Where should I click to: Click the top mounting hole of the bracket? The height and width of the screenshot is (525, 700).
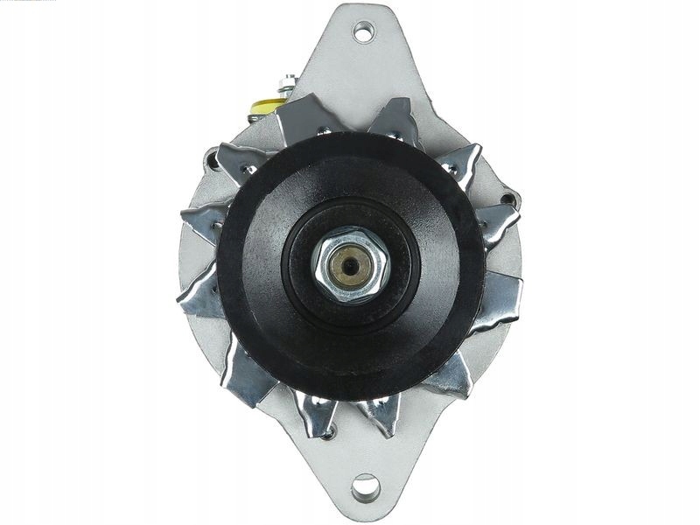(363, 32)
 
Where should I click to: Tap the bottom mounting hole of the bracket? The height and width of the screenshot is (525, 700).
(365, 486)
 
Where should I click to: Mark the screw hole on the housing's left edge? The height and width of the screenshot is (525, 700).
(211, 160)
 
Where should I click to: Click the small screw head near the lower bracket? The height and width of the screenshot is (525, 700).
(328, 431)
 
